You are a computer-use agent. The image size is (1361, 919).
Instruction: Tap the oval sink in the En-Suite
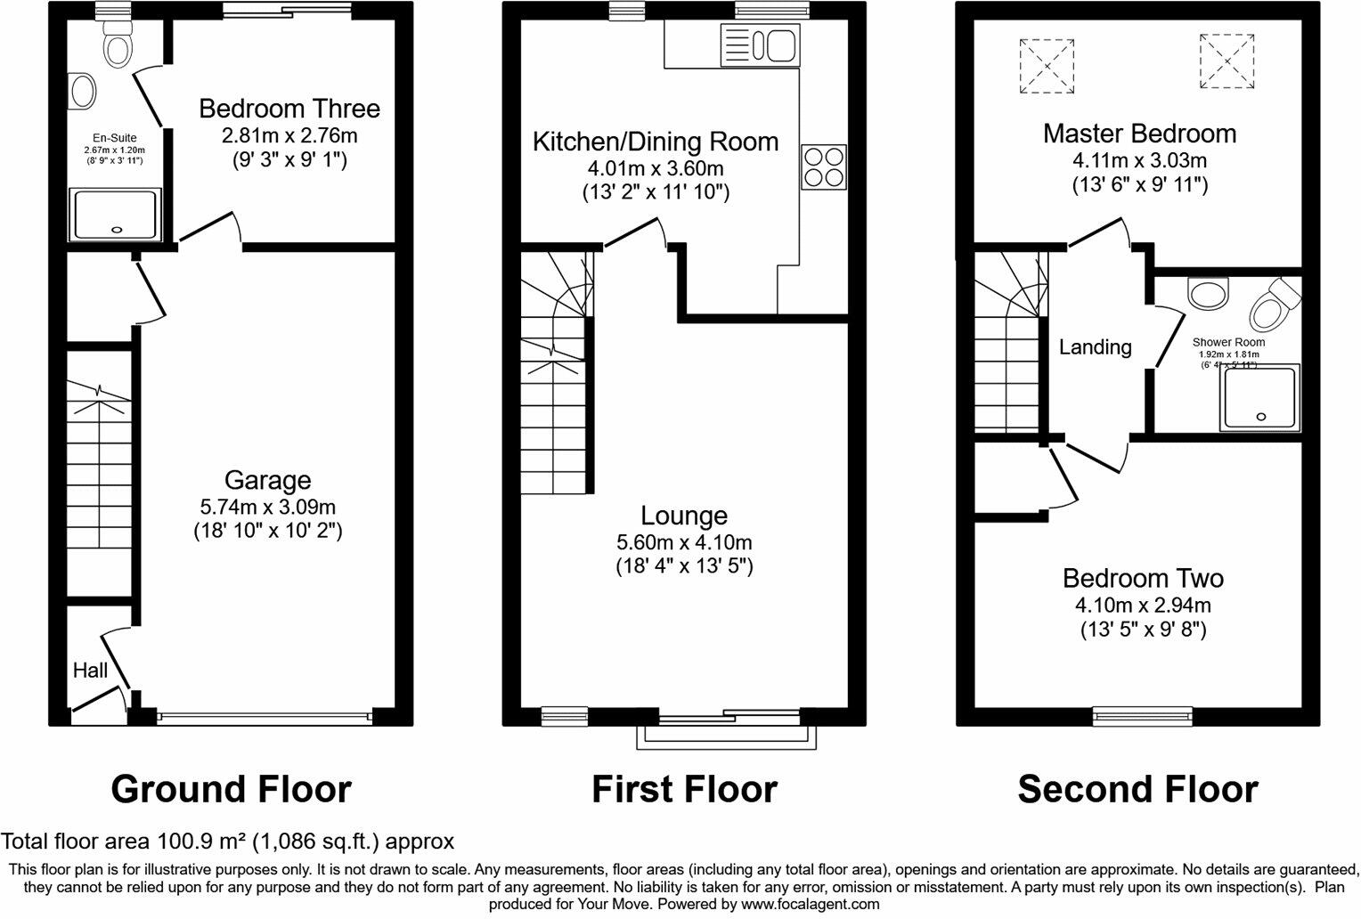(83, 92)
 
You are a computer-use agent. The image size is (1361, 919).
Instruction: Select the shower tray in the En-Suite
(117, 215)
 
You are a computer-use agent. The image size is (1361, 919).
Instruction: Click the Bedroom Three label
(289, 109)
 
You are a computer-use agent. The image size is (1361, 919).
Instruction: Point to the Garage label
(267, 481)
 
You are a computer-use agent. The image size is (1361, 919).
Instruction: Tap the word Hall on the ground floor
(90, 670)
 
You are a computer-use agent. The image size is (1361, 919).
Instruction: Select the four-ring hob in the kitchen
(824, 167)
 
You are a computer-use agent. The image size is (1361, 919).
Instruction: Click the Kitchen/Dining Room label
(655, 142)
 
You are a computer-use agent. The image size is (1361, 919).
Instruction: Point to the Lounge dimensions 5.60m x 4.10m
(684, 541)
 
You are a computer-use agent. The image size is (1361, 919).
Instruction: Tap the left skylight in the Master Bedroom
(1047, 65)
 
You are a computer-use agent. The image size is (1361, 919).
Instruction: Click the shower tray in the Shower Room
(1260, 396)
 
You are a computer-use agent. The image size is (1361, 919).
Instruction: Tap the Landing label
(1095, 347)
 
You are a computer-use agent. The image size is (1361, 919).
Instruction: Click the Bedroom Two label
(1143, 579)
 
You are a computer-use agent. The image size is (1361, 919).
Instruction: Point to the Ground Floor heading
(231, 789)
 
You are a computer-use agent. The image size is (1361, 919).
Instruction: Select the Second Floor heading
(1137, 789)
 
